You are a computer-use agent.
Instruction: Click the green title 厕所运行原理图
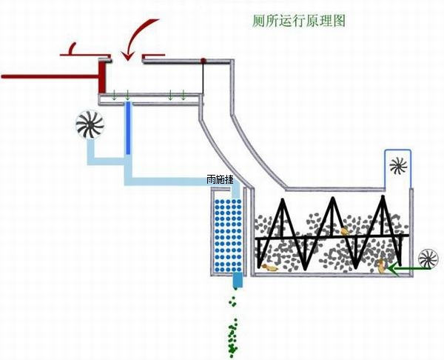(298, 19)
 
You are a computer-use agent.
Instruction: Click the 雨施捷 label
(221, 180)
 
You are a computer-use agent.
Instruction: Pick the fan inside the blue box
(399, 164)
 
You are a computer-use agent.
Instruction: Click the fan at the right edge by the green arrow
(428, 261)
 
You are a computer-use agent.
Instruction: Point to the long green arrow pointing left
(411, 270)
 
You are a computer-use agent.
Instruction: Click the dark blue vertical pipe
(128, 130)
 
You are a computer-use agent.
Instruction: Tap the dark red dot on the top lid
(202, 60)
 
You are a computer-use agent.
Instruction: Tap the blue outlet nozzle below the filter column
(238, 281)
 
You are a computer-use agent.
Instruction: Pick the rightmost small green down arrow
(184, 95)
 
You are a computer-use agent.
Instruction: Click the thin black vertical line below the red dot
(203, 78)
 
